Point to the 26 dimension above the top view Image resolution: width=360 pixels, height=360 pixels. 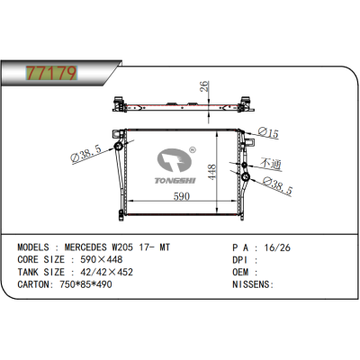point(205,87)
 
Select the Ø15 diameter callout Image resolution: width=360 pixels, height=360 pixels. point(269,133)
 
